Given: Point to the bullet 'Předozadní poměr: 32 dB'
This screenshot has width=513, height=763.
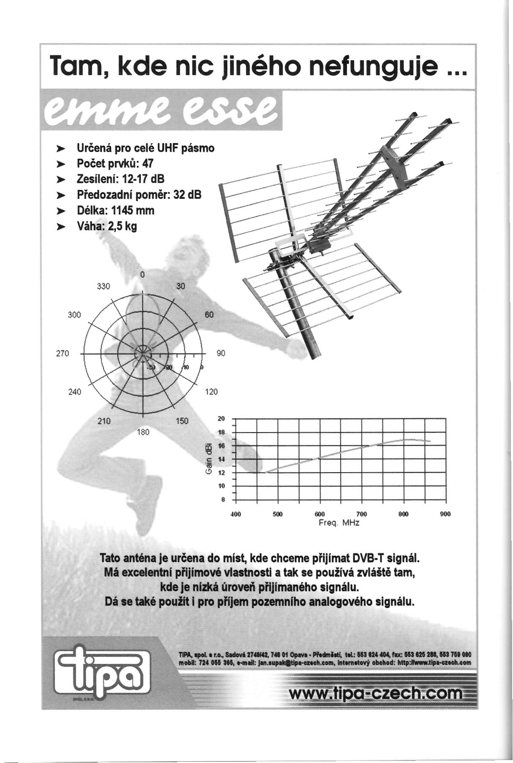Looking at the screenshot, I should [x=139, y=195].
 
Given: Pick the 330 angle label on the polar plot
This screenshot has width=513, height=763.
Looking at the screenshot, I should [x=103, y=287].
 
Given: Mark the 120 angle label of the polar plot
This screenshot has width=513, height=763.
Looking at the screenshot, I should [x=211, y=392].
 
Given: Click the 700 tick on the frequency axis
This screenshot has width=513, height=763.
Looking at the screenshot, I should [x=361, y=514].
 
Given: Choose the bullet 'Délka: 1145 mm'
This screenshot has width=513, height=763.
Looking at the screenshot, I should [x=115, y=211].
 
